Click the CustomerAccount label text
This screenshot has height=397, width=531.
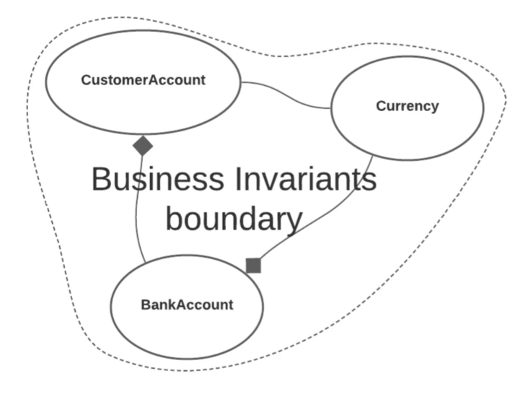click(x=143, y=80)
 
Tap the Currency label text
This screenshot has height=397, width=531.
click(x=407, y=106)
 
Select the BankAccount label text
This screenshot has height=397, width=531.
click(x=187, y=305)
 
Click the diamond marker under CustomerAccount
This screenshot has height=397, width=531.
click(x=143, y=146)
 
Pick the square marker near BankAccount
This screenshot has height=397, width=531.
click(x=253, y=266)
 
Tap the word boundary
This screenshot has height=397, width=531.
click(x=233, y=218)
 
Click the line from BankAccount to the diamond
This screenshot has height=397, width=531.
click(x=136, y=209)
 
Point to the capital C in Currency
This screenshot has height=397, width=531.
click(x=381, y=106)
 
